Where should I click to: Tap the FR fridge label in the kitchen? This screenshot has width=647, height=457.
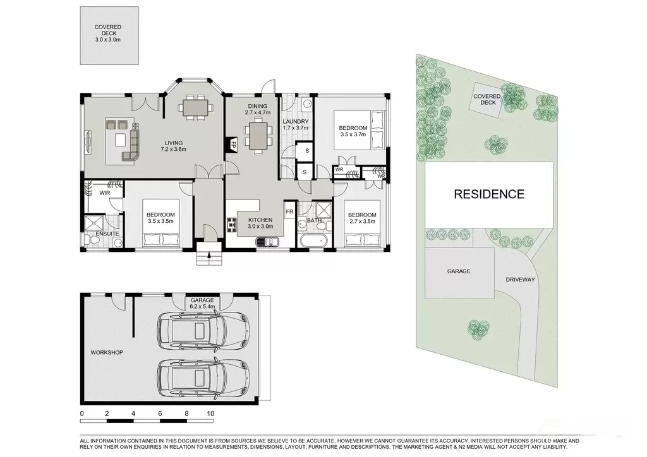[289, 211]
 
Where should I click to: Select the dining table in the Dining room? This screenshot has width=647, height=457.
[258, 136]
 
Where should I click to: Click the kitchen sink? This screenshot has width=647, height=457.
[267, 242]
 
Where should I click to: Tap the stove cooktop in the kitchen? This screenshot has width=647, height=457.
[231, 225]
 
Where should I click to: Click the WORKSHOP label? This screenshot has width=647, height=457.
[106, 352]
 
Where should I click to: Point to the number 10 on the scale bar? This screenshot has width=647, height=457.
[210, 413]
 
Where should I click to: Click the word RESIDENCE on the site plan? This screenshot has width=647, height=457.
[489, 194]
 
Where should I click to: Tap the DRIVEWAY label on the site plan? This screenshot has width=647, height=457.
[520, 280]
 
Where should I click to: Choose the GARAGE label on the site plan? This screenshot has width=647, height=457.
[459, 271]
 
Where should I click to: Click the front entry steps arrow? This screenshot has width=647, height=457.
[209, 254]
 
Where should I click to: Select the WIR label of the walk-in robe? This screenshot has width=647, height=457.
[104, 193]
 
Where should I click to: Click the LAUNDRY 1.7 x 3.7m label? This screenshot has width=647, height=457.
[296, 124]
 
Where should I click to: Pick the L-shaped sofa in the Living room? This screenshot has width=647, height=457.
[131, 143]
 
